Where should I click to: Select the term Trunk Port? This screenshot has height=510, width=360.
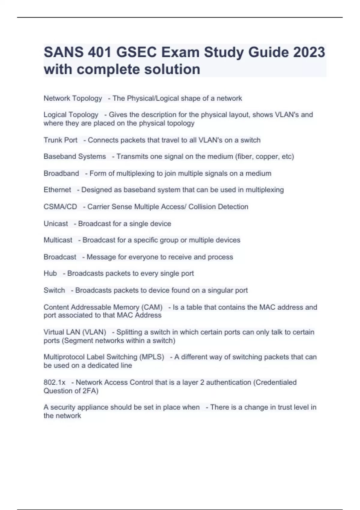60,140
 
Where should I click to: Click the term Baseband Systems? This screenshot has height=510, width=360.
75,157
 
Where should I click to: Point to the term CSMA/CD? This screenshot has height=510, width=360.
60,207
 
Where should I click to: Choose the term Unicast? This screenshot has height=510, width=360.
56,223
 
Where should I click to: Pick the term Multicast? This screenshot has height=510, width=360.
58,240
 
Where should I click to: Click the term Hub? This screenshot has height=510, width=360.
50,273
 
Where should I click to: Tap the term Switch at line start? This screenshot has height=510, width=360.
54,290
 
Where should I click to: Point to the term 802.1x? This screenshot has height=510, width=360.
54,382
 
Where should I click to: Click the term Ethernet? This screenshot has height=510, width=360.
57,190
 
